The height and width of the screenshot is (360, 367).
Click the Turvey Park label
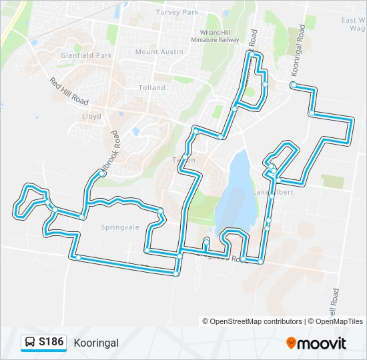(x=177, y=12)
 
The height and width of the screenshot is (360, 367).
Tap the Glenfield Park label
(x=86, y=56)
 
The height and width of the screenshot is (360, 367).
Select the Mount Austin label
(x=155, y=52)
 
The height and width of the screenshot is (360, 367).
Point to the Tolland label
(x=151, y=88)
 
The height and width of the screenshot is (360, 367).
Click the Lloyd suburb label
(x=91, y=116)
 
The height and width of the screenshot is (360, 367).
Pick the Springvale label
(x=120, y=227)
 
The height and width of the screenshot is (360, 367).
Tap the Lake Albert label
(x=269, y=193)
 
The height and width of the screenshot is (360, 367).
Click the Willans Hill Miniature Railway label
(x=220, y=36)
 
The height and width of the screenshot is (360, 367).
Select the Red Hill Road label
(x=69, y=91)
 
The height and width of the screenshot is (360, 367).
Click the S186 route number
(x=51, y=342)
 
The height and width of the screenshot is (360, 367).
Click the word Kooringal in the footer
(x=97, y=343)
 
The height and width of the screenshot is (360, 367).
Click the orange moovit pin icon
(x=292, y=343)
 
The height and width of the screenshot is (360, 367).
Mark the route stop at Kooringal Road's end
(x=294, y=85)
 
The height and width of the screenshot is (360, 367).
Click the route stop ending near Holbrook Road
(x=102, y=173)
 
